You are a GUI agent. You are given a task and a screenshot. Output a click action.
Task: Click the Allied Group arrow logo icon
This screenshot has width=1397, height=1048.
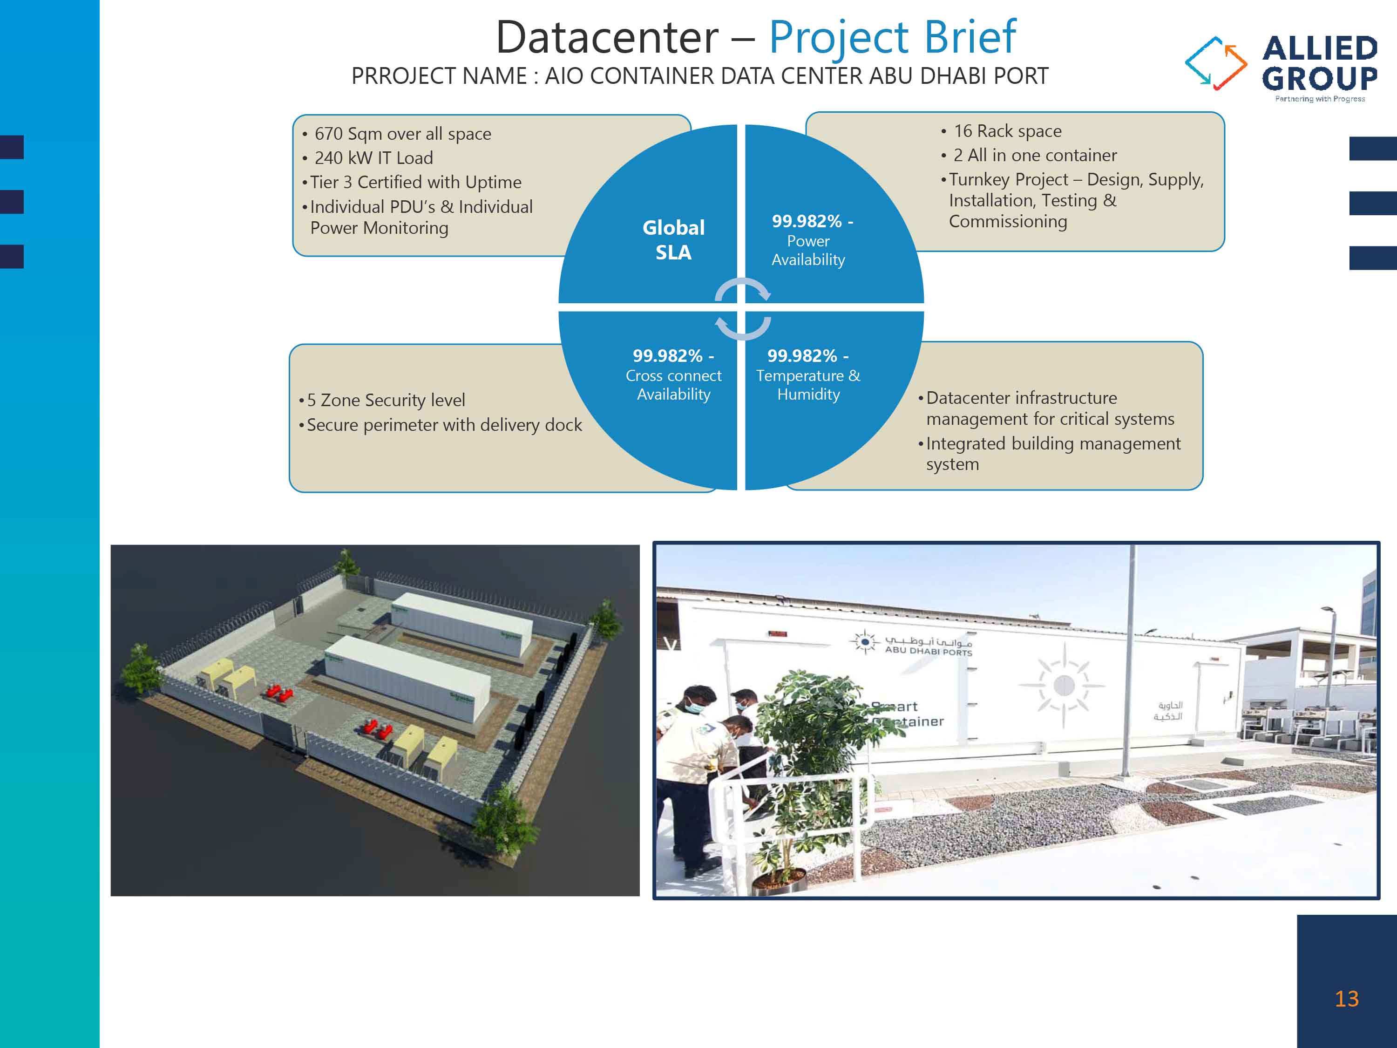[1215, 63]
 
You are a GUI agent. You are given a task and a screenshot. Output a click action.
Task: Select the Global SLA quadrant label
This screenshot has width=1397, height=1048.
[673, 239]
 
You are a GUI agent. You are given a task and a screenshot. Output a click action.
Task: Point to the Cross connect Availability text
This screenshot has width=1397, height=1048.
[673, 384]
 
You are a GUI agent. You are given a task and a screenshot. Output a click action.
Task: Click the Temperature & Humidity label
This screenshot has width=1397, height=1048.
[808, 384]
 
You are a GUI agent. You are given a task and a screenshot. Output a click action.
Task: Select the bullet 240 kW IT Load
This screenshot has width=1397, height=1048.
[373, 158]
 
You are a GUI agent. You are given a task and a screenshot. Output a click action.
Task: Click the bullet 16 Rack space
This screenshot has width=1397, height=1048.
[1007, 131]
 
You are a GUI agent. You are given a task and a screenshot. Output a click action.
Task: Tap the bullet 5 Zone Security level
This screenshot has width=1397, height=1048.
[385, 400]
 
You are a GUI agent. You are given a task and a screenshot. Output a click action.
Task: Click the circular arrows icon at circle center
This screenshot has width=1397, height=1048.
[742, 309]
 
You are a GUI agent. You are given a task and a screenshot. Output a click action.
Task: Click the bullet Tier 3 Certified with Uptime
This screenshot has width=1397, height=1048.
[415, 183]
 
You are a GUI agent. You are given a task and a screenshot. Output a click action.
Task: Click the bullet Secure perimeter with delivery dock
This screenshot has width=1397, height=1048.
[443, 425]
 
